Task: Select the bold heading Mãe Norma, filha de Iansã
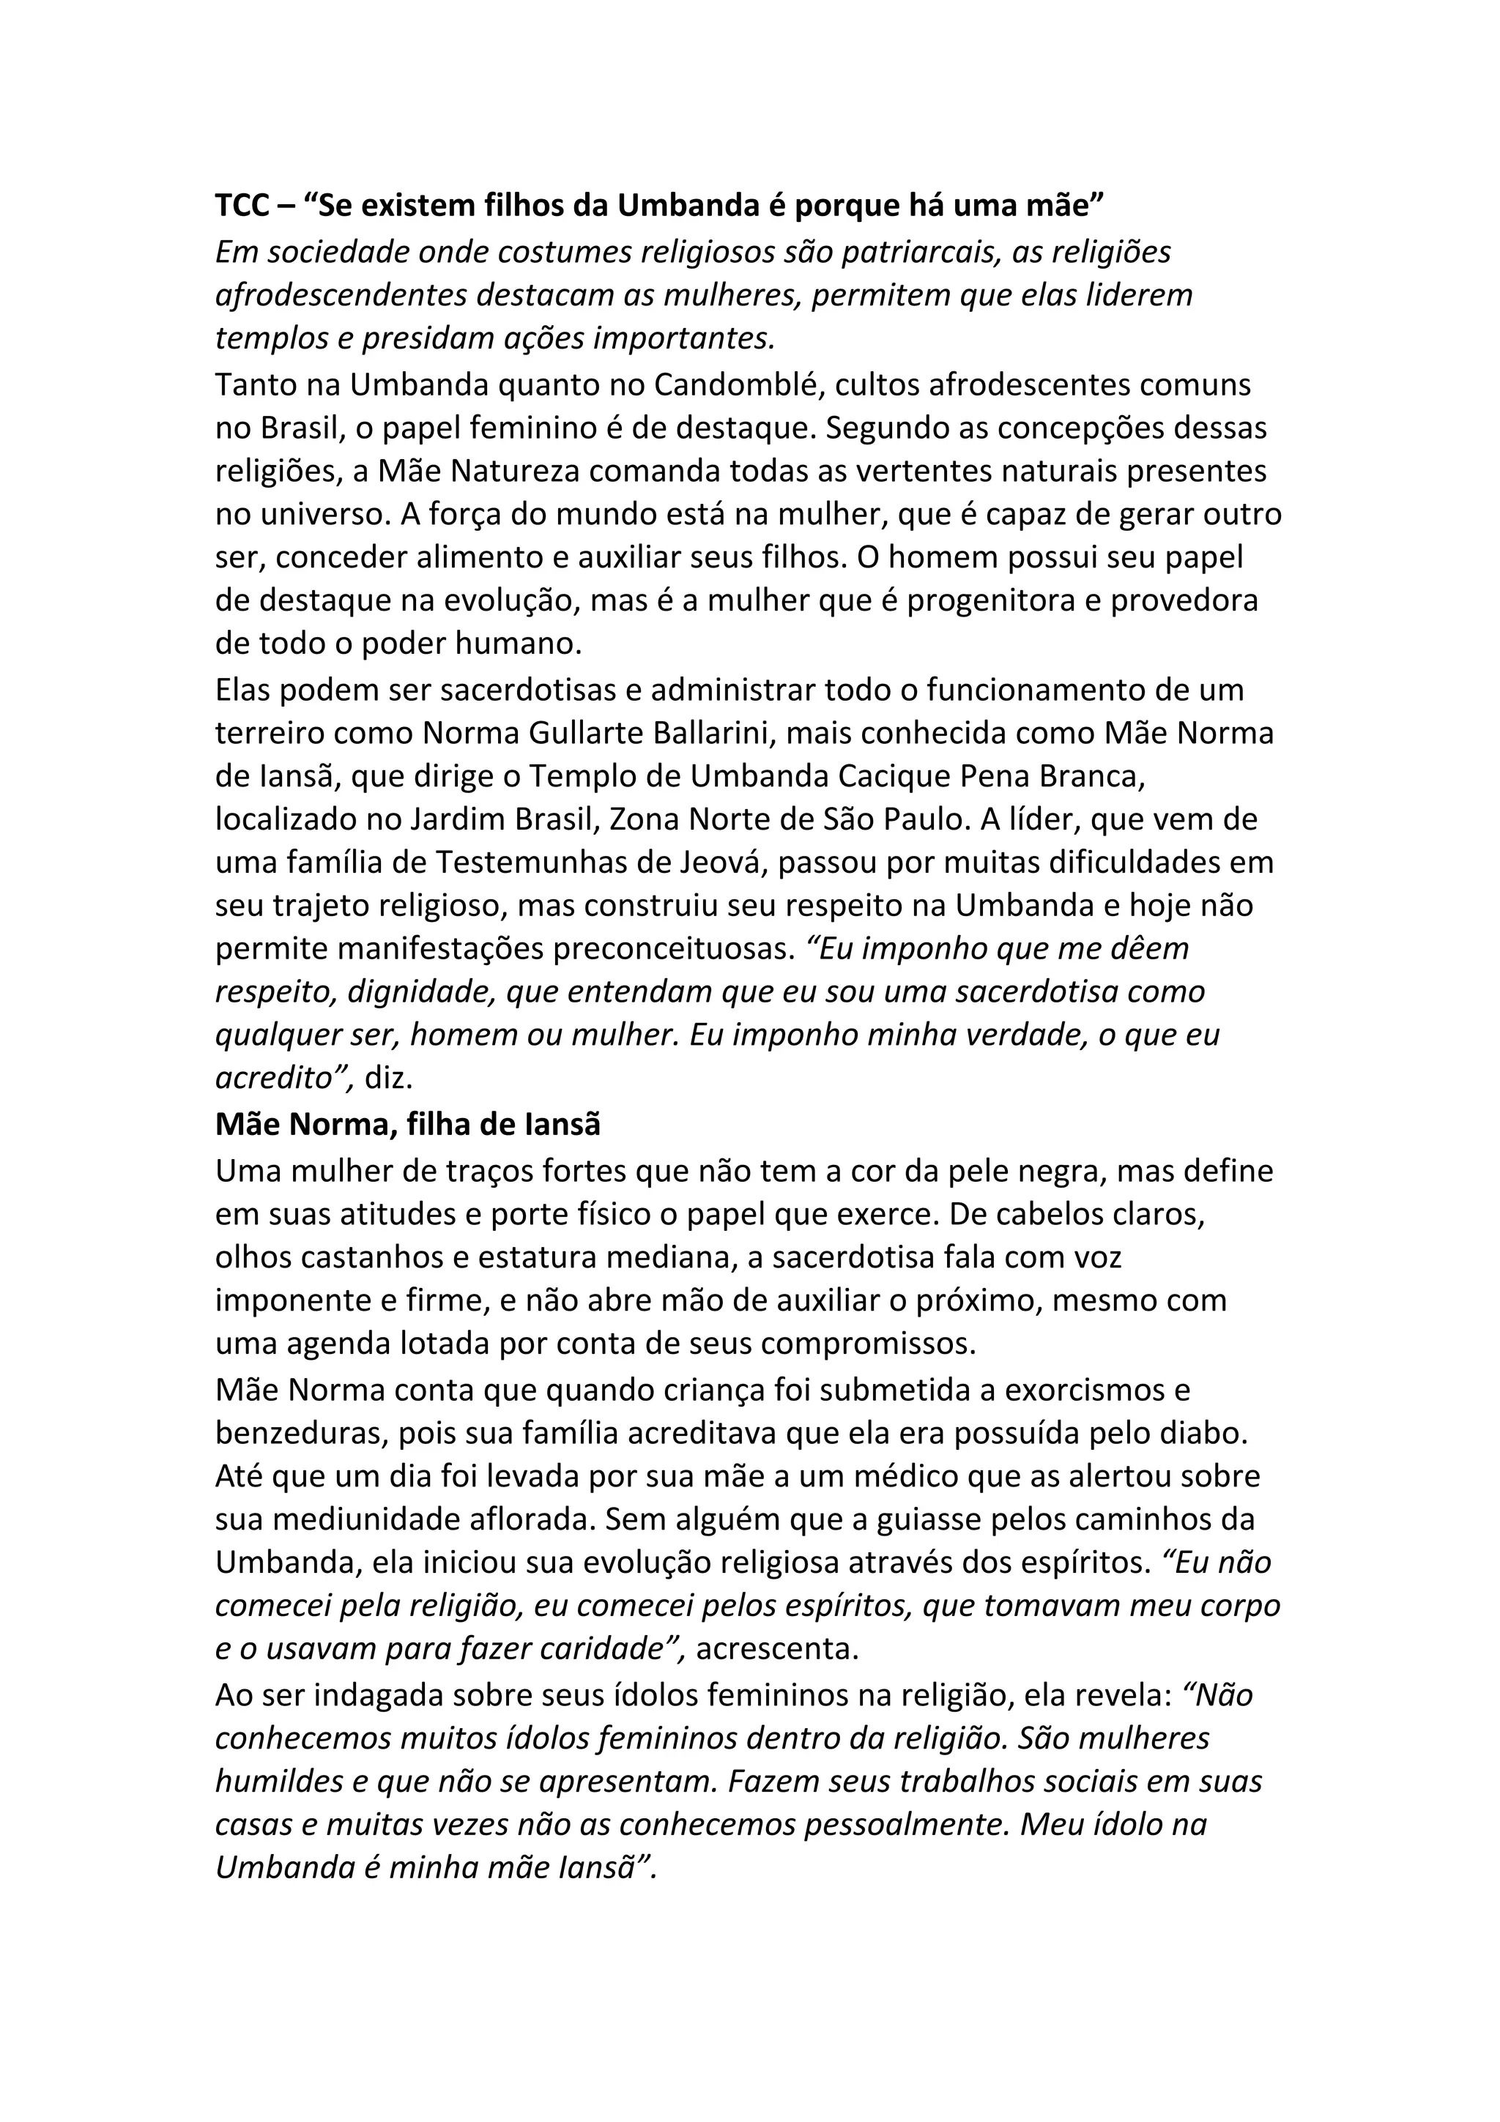tap(407, 1124)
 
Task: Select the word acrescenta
tap(776, 1649)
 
